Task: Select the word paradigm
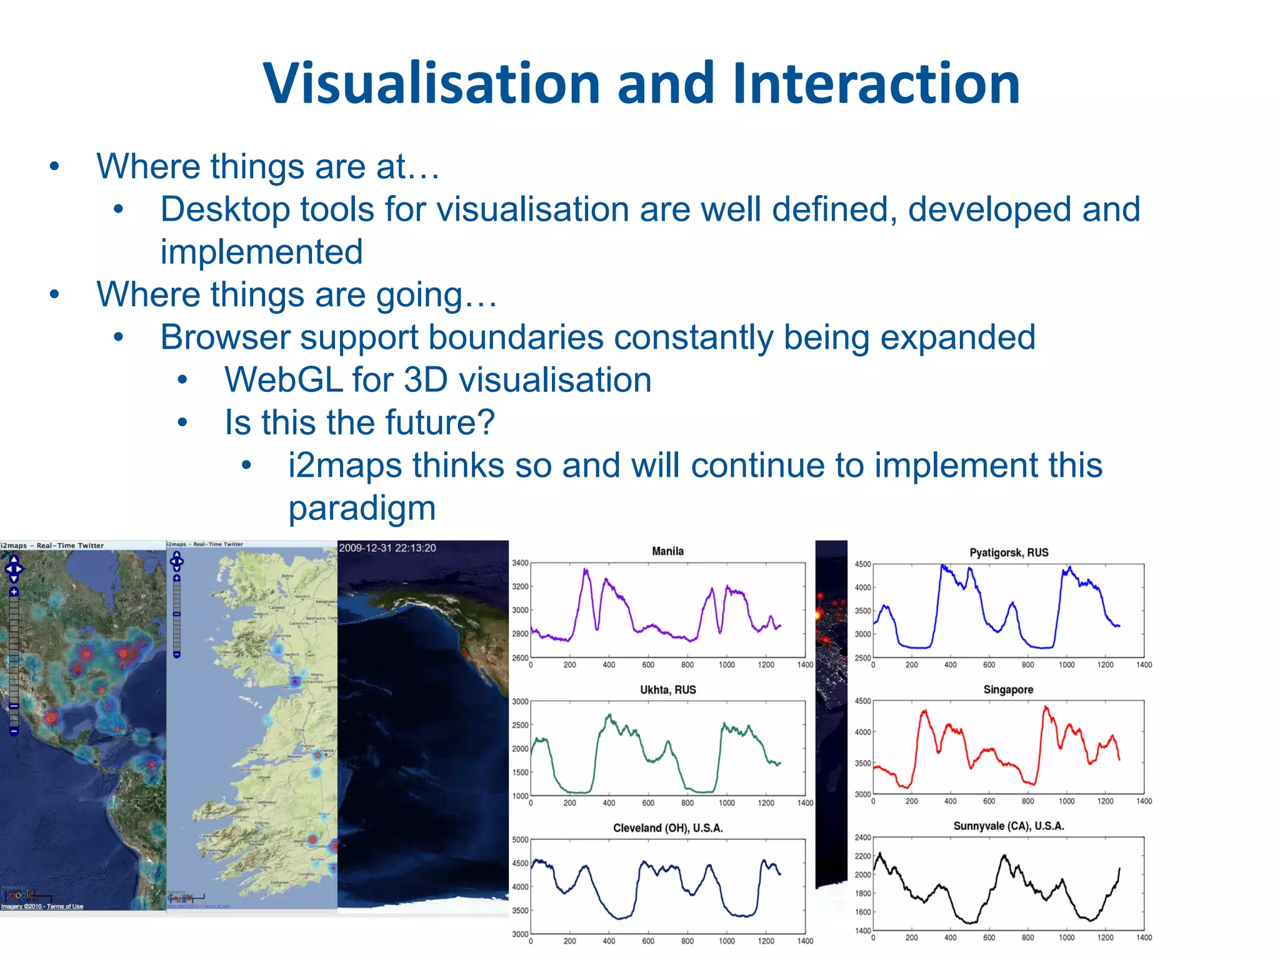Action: click(x=362, y=508)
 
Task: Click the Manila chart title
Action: click(x=667, y=551)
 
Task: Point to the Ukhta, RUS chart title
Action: click(x=667, y=690)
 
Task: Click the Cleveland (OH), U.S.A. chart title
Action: click(x=667, y=828)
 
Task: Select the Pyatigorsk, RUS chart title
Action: click(x=1009, y=552)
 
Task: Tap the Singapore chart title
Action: click(x=1008, y=690)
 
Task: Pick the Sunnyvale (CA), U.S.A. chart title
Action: click(x=1009, y=826)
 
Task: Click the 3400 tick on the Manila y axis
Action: click(x=520, y=563)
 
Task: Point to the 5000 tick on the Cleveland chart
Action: click(x=520, y=840)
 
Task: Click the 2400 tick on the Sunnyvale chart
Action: click(x=862, y=837)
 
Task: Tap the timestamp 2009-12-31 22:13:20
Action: click(x=387, y=548)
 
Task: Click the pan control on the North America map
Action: click(x=14, y=569)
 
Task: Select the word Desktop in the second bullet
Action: click(x=219, y=209)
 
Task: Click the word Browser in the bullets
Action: click(x=225, y=337)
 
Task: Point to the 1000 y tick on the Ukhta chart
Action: click(x=520, y=796)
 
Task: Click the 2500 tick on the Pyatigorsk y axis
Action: click(x=862, y=658)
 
